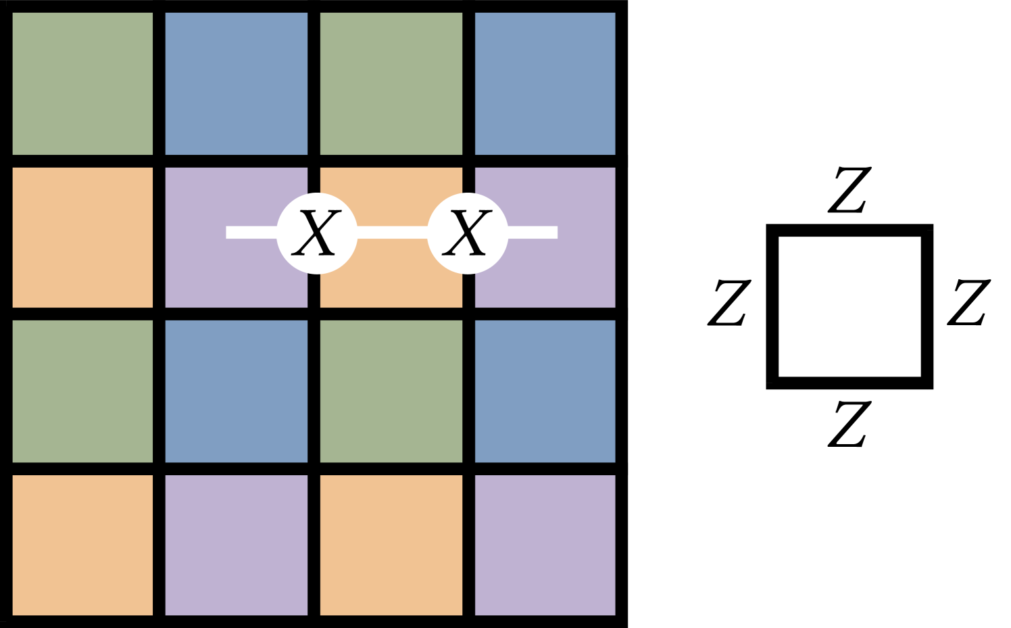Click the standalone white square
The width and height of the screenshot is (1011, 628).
coord(849,306)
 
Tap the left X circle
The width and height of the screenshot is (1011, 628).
coord(317,233)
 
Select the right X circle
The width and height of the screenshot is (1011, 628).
coord(468,233)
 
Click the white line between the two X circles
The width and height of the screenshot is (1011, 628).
coord(392,233)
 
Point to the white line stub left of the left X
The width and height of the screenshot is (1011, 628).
coord(251,233)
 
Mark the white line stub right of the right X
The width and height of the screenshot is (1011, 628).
coord(533,233)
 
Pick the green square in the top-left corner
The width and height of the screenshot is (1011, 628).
coord(82,84)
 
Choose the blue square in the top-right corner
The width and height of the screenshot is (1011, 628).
coord(545,84)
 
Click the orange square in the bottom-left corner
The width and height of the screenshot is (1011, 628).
coord(82,545)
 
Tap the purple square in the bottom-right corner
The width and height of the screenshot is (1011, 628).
coord(545,545)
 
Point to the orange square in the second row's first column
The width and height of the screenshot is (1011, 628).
coord(82,237)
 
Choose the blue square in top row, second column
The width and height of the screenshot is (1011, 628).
coord(237,84)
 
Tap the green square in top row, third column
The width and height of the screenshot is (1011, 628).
coord(391,84)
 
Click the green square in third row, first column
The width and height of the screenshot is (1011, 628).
coord(82,391)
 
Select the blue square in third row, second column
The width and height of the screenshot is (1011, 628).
coord(237,391)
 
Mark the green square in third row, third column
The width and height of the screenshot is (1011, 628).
coord(391,391)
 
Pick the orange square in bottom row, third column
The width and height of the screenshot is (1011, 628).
coord(391,545)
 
